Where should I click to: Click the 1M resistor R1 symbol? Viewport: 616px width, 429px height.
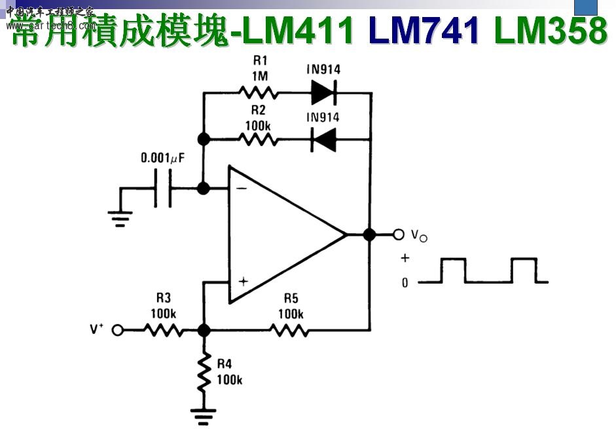[x=259, y=93]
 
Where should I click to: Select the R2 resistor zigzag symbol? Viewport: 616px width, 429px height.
[x=259, y=140]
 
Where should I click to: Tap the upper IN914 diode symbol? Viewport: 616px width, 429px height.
[x=323, y=93]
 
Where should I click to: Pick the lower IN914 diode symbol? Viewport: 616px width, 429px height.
[x=323, y=140]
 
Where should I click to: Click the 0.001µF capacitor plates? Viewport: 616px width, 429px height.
[x=163, y=189]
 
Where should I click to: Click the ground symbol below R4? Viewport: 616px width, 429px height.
[x=204, y=414]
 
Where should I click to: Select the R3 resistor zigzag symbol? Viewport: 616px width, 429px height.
[x=163, y=330]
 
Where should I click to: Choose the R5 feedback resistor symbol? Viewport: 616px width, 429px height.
[x=290, y=330]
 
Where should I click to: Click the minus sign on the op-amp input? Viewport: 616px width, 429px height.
[x=242, y=188]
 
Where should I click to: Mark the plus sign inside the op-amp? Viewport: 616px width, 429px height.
[x=243, y=282]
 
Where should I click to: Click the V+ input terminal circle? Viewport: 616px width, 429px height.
[x=118, y=330]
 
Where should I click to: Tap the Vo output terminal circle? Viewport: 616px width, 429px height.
[x=399, y=234]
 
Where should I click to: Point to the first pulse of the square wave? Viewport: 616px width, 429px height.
[x=453, y=270]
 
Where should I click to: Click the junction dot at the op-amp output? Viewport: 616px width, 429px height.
[x=370, y=234]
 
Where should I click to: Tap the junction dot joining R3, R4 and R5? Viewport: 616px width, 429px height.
[x=204, y=330]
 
